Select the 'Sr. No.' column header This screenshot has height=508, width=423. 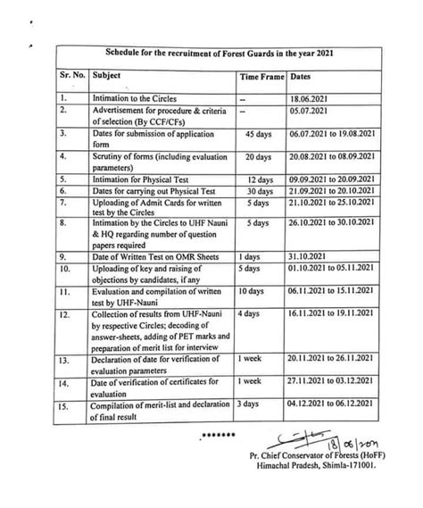pos(70,79)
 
